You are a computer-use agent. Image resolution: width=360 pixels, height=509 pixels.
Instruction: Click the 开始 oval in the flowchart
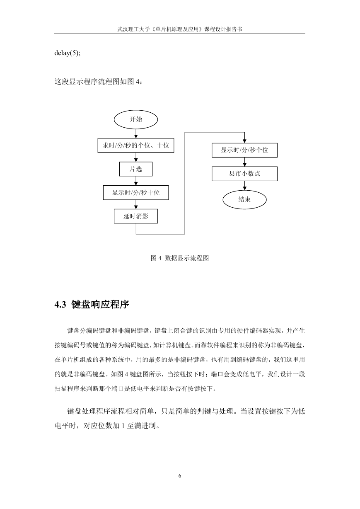click(135, 119)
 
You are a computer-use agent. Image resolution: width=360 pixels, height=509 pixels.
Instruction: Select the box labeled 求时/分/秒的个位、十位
click(136, 145)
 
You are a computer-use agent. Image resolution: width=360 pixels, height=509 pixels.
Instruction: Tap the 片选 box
click(136, 169)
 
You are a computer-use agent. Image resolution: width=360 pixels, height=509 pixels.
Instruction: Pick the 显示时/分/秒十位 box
click(136, 193)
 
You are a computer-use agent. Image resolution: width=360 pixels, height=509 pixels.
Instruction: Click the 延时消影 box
click(136, 216)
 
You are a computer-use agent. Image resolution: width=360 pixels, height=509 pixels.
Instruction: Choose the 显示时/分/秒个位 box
click(244, 150)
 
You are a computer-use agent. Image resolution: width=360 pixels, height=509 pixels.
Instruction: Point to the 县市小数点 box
click(244, 174)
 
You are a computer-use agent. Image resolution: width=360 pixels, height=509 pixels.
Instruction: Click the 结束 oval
click(244, 200)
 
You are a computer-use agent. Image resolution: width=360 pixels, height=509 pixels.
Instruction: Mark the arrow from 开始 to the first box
click(136, 133)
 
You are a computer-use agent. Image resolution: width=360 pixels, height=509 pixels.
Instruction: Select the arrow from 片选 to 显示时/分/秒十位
click(136, 181)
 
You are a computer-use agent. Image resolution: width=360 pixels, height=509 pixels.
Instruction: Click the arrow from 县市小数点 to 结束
click(244, 186)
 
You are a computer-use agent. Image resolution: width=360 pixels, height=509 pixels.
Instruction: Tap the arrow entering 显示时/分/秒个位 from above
click(244, 138)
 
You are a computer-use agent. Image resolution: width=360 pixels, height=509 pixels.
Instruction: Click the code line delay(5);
click(68, 53)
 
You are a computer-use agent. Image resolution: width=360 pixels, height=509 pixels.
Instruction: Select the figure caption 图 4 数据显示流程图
click(180, 258)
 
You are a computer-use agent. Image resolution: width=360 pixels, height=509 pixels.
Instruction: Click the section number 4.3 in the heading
click(60, 305)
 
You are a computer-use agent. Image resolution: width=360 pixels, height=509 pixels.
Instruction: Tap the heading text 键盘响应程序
click(100, 305)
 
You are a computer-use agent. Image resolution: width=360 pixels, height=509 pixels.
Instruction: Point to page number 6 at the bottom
click(180, 476)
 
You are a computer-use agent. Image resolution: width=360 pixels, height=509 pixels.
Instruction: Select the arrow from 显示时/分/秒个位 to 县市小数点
click(244, 162)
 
